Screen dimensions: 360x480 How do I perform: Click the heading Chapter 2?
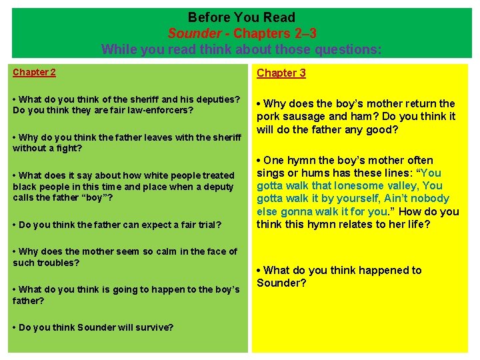pyautogui.click(x=35, y=72)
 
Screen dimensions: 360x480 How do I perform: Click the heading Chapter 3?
pyautogui.click(x=281, y=73)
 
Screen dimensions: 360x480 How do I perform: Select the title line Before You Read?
pyautogui.click(x=241, y=17)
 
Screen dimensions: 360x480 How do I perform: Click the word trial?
pyautogui.click(x=207, y=225)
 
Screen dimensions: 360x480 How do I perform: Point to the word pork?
pyautogui.click(x=268, y=117)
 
